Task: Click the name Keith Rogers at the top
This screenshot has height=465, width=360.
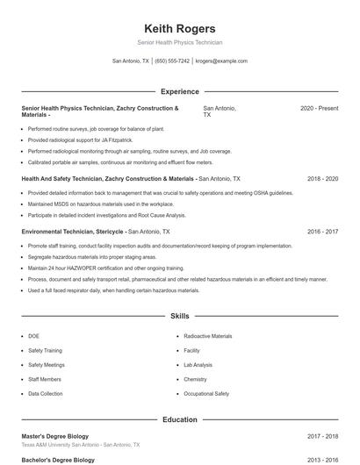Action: click(x=179, y=28)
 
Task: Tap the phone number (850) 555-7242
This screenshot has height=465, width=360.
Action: click(x=172, y=61)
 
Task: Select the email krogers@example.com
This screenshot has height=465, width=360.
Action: click(x=221, y=61)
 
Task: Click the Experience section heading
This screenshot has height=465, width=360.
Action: click(x=179, y=91)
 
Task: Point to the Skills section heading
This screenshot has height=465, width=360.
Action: click(x=179, y=315)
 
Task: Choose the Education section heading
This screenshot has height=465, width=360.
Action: click(x=179, y=420)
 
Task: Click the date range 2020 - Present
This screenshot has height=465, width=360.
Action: click(x=319, y=108)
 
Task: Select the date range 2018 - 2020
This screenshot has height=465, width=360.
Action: click(x=322, y=178)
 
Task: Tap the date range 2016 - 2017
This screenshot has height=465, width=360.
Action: click(x=322, y=232)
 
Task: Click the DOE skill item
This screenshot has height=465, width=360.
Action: click(x=34, y=336)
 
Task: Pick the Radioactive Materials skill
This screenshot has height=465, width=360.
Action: click(x=208, y=336)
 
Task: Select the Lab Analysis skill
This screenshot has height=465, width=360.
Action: click(x=198, y=365)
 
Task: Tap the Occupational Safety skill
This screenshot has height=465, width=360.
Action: click(x=206, y=394)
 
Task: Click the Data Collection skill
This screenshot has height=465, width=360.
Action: click(x=46, y=394)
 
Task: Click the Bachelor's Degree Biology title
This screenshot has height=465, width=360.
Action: click(x=58, y=460)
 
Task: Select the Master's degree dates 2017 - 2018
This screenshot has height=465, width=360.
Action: click(x=322, y=436)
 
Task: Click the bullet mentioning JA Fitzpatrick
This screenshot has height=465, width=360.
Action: click(x=80, y=139)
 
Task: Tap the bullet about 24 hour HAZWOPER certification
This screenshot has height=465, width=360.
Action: click(x=105, y=268)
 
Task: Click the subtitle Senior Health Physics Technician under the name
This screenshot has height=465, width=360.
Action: click(x=179, y=42)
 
